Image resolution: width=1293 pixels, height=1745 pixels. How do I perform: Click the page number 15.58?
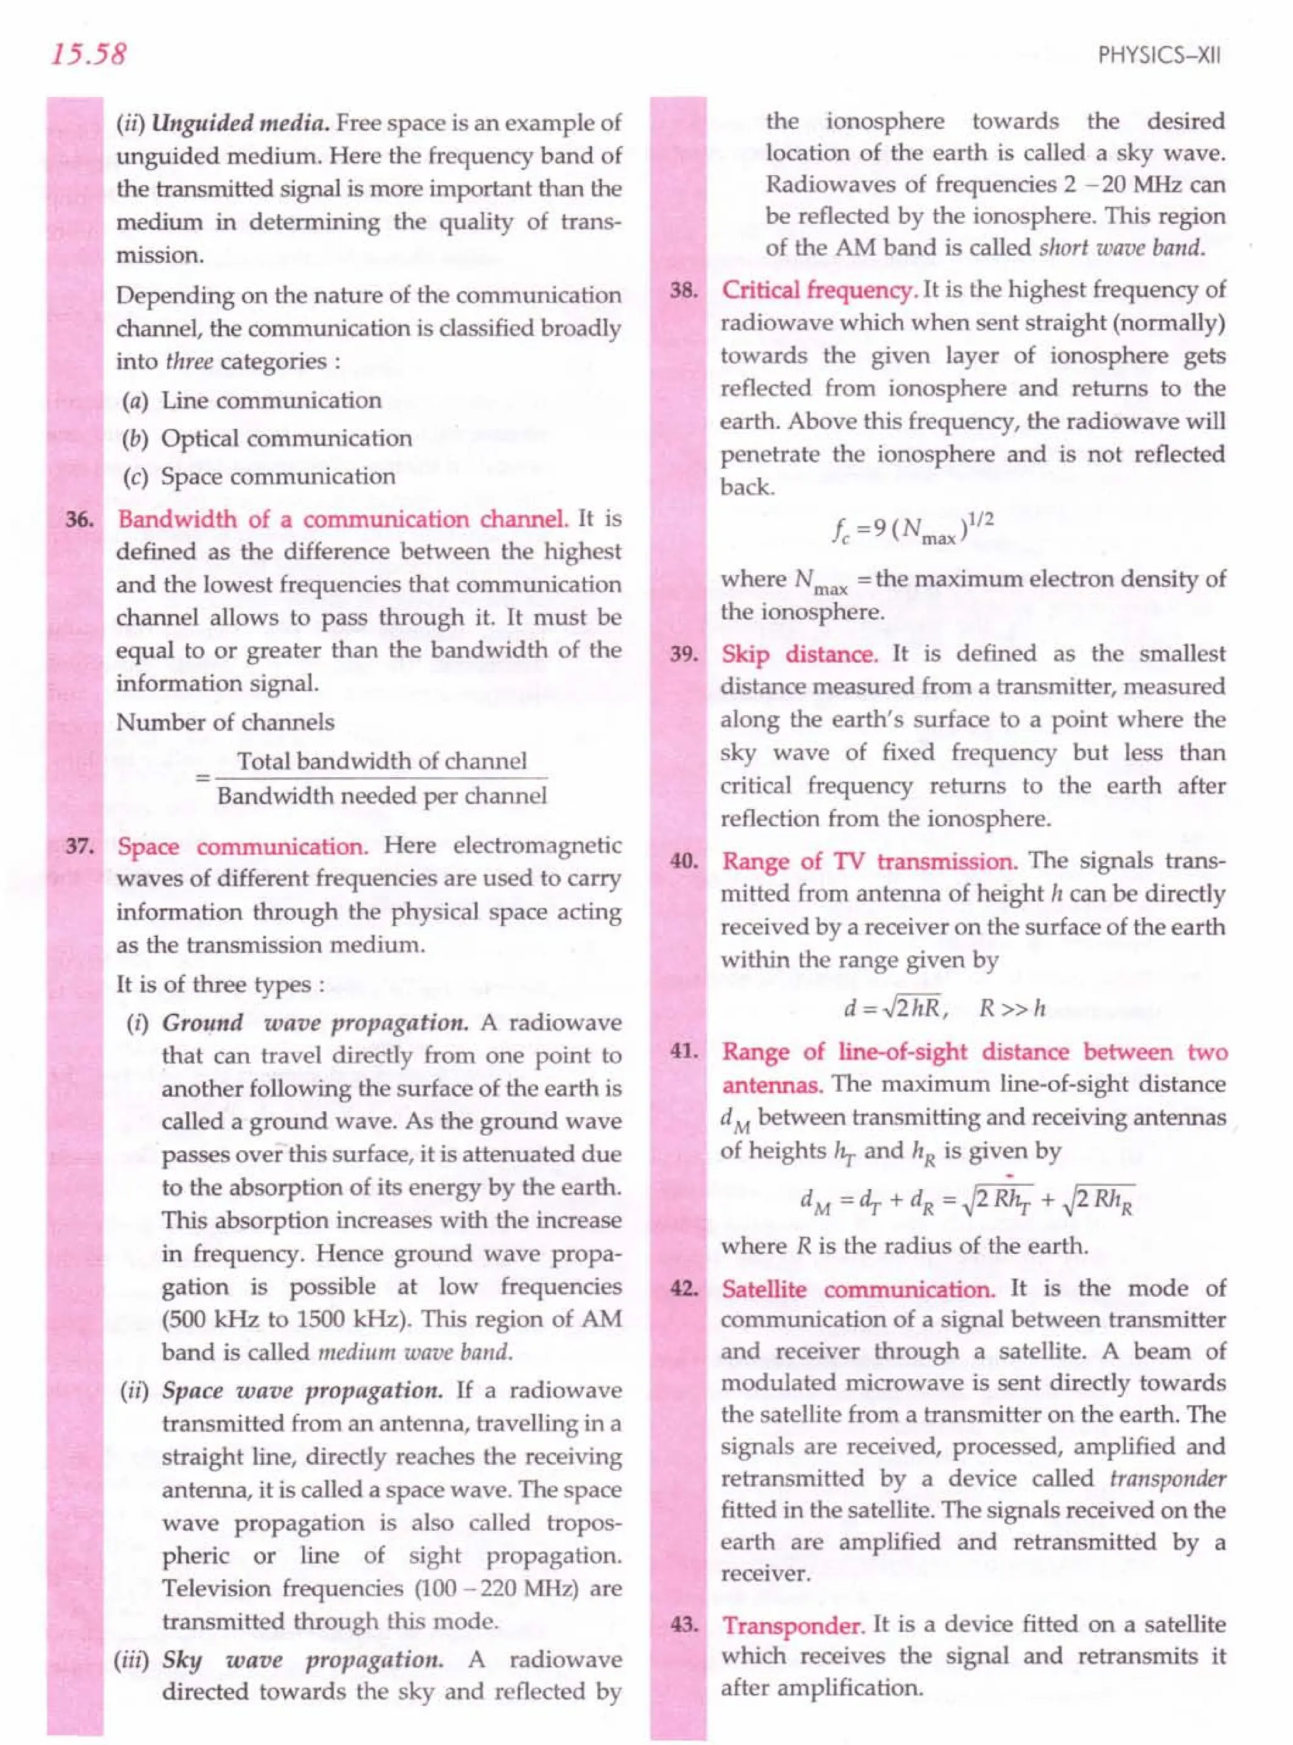tap(88, 54)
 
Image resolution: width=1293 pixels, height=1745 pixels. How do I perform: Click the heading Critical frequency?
tap(818, 290)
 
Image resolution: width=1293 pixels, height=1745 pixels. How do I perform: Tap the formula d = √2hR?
tap(895, 1009)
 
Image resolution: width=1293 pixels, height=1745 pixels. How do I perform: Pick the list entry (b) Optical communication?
tap(267, 438)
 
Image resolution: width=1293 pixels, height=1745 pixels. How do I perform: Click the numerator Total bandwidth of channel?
tap(381, 761)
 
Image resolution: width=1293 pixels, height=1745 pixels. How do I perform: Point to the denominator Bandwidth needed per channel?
tap(381, 796)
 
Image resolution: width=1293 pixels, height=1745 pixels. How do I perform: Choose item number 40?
tap(684, 862)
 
